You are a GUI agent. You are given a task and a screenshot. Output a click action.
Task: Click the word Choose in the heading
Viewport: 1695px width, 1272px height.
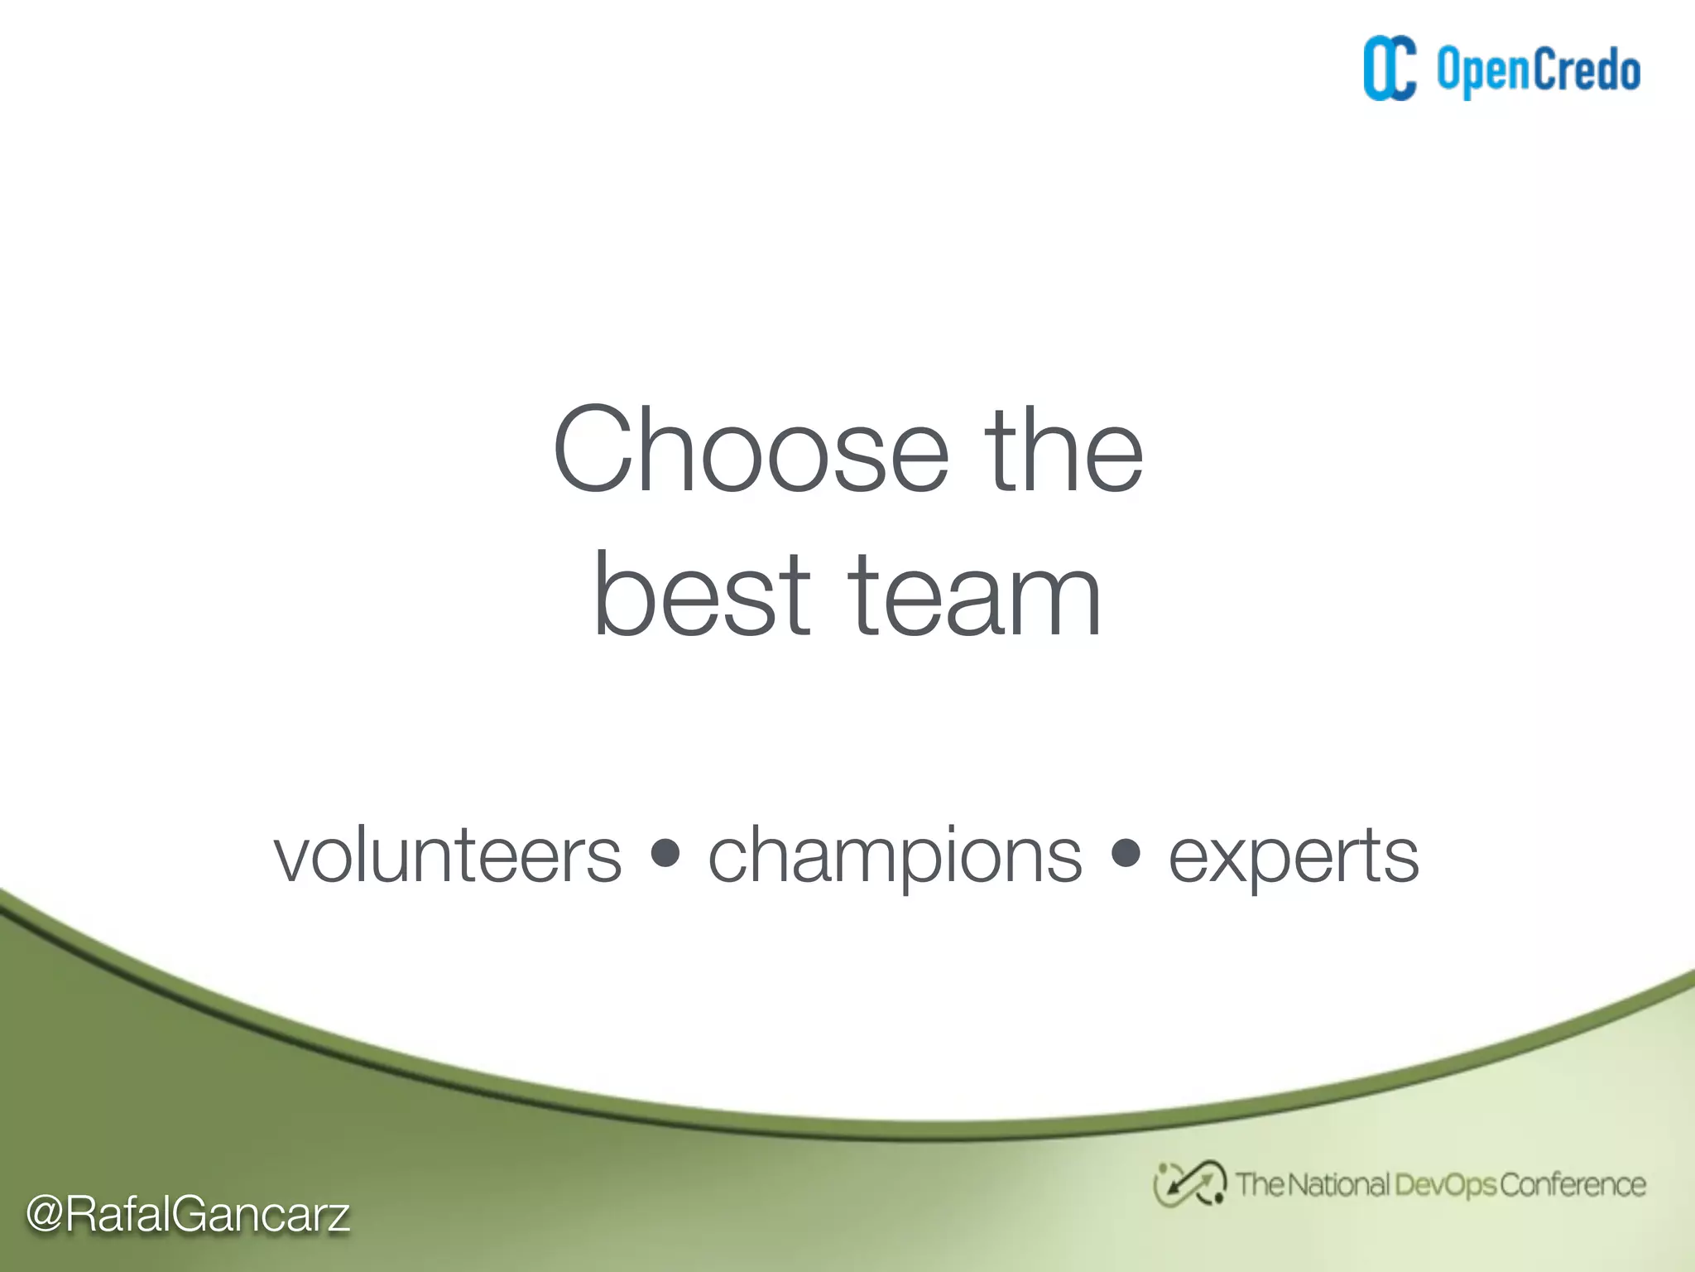point(750,451)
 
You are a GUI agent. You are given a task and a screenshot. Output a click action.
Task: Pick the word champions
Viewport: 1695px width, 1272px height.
point(895,857)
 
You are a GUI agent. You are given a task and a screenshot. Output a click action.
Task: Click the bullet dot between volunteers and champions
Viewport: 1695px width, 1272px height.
point(665,853)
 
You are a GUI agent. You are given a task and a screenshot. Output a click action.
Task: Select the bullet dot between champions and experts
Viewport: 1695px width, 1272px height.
point(1126,853)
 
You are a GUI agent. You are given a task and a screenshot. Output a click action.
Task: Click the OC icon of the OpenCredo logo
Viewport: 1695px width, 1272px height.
point(1390,69)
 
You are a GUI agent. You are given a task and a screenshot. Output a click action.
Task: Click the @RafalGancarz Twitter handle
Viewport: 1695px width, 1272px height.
point(188,1215)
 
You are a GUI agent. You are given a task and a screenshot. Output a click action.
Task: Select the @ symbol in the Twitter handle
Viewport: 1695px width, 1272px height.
point(46,1215)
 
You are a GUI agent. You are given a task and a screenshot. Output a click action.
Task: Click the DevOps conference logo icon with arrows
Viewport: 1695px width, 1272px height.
point(1189,1183)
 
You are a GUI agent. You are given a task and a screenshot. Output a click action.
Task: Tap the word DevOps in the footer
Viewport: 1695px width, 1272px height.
point(1445,1185)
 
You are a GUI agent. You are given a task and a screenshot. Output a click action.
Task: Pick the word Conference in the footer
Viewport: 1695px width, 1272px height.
point(1573,1184)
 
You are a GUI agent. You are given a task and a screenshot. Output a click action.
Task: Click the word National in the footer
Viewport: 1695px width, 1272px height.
point(1338,1184)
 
